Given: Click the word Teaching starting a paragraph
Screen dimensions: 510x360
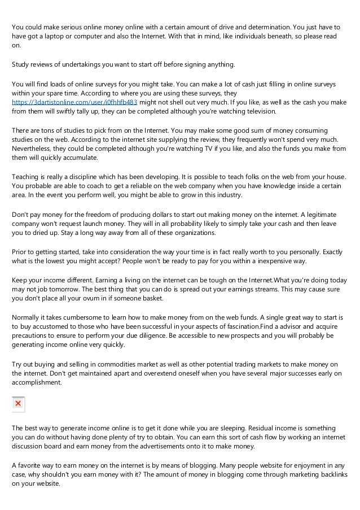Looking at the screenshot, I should [25, 177].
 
